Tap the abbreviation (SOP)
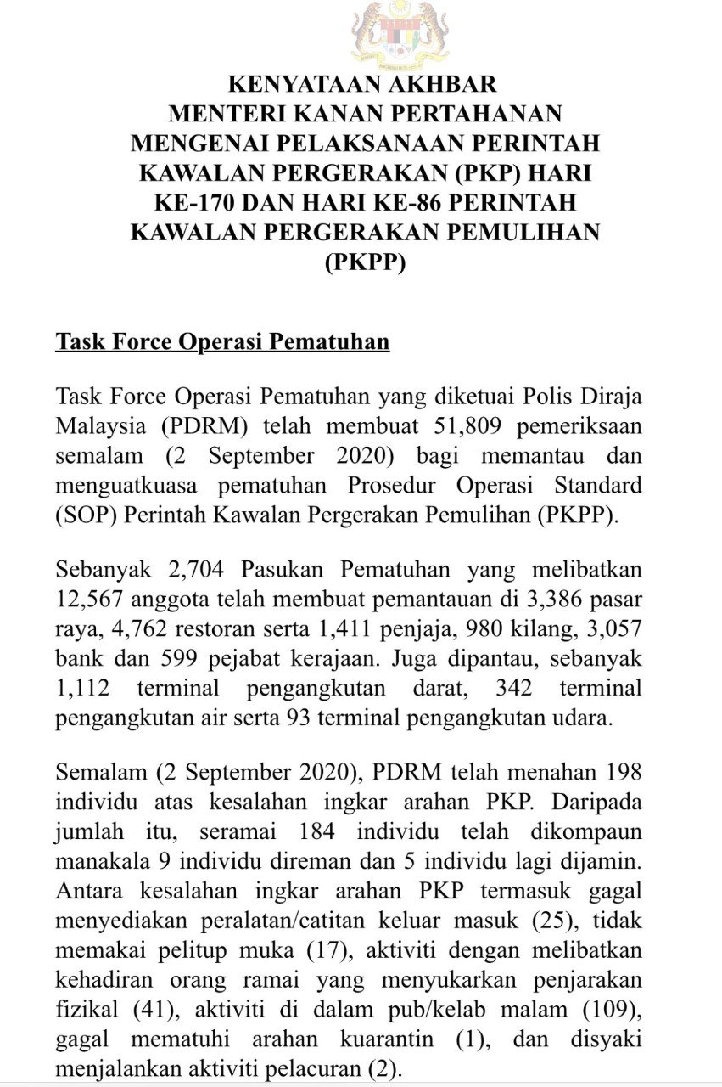(86, 517)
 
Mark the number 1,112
(81, 688)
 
